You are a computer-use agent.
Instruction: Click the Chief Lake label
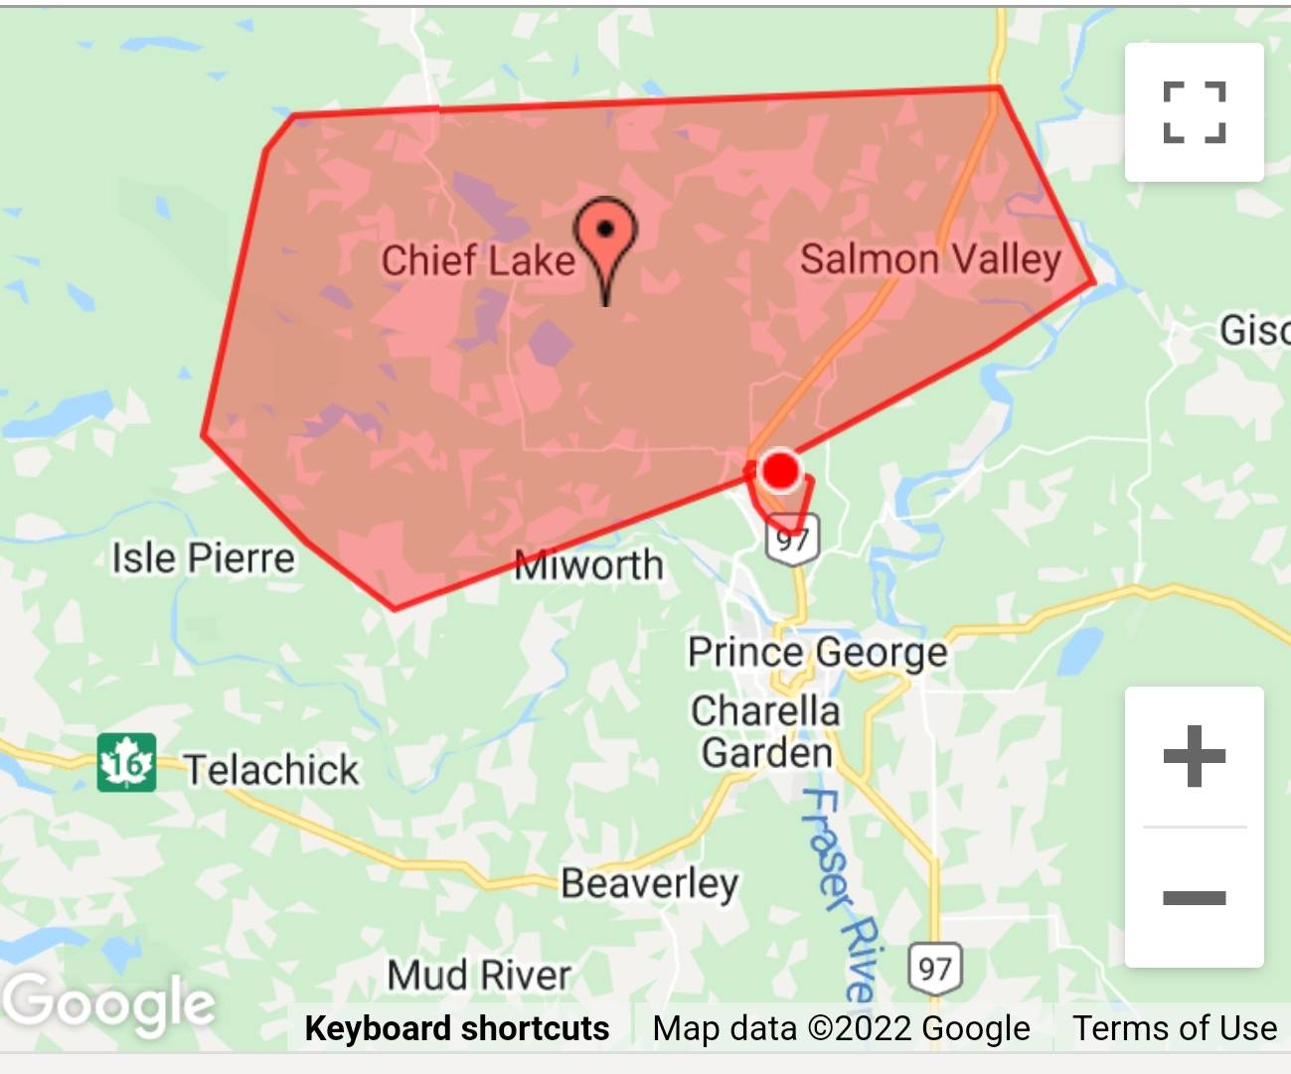[478, 260]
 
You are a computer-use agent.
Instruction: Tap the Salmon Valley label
[930, 259]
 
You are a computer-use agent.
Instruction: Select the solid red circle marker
[780, 470]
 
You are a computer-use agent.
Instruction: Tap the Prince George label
[817, 653]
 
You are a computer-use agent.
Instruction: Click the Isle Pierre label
[203, 558]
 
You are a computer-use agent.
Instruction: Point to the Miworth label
[588, 566]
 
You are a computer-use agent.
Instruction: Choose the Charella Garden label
[766, 732]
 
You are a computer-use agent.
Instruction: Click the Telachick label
[271, 770]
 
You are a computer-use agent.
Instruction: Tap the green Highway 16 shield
[126, 763]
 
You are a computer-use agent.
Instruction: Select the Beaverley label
[649, 883]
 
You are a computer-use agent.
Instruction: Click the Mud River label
[479, 976]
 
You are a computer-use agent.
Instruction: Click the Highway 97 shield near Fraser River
[935, 969]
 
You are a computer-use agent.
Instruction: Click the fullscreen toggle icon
[1194, 112]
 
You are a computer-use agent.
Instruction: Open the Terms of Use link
[1174, 1028]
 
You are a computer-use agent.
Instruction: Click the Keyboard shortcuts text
[457, 1028]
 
